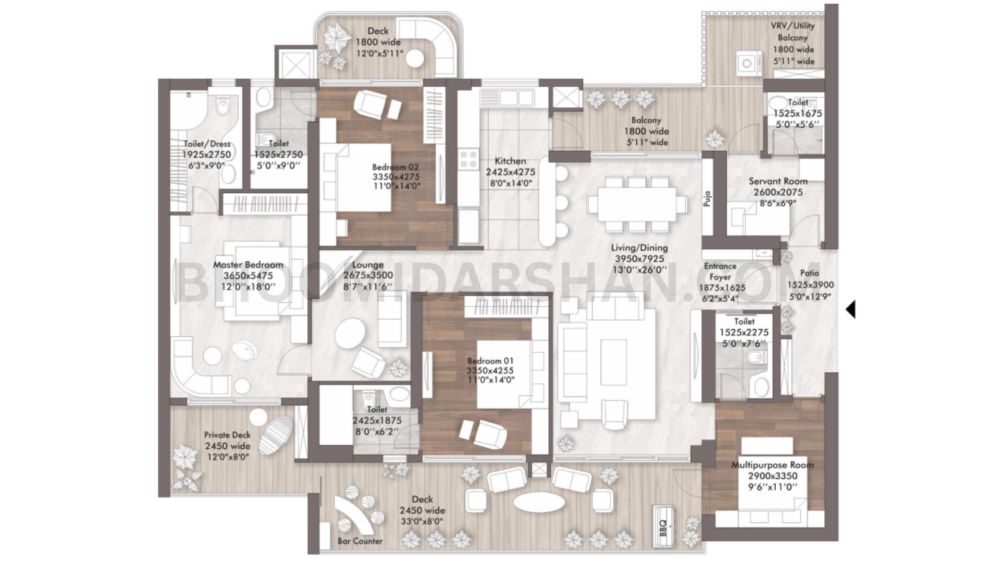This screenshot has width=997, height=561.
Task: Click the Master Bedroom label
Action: [248, 265]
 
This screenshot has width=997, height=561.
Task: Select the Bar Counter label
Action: [360, 541]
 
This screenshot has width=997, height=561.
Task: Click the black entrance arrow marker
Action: [851, 309]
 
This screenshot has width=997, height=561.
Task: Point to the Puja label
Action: [707, 198]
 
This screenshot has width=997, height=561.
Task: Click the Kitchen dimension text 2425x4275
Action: [510, 172]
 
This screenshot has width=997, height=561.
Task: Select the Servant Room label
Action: [778, 181]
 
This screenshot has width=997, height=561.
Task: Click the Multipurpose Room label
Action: [772, 465]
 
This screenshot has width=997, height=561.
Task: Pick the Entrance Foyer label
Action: [720, 271]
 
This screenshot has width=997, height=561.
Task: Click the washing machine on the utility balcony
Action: [745, 62]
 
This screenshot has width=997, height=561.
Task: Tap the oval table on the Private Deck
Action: [275, 436]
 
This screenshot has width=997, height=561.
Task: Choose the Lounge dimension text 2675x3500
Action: [368, 276]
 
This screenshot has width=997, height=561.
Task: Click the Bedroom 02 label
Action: [395, 167]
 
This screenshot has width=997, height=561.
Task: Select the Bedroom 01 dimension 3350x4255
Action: [490, 371]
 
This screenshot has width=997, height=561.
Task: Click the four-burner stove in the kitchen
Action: [468, 160]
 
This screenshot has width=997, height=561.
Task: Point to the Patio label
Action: [809, 273]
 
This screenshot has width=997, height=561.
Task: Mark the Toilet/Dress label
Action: [206, 144]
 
